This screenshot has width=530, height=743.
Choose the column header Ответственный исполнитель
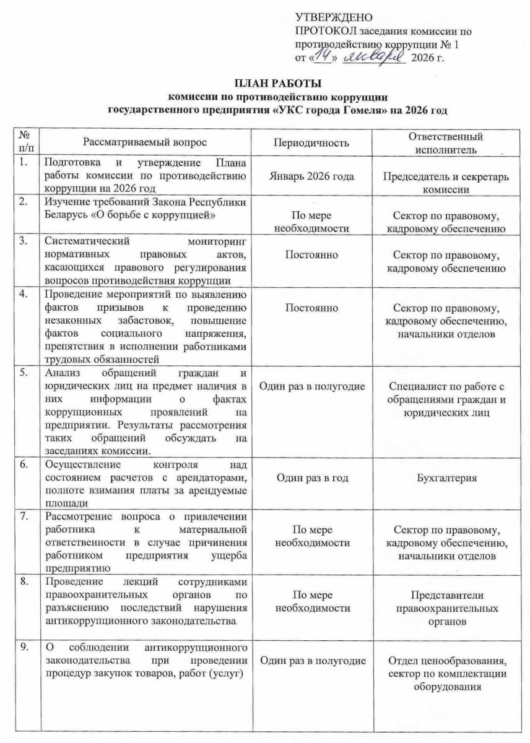point(446,143)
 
